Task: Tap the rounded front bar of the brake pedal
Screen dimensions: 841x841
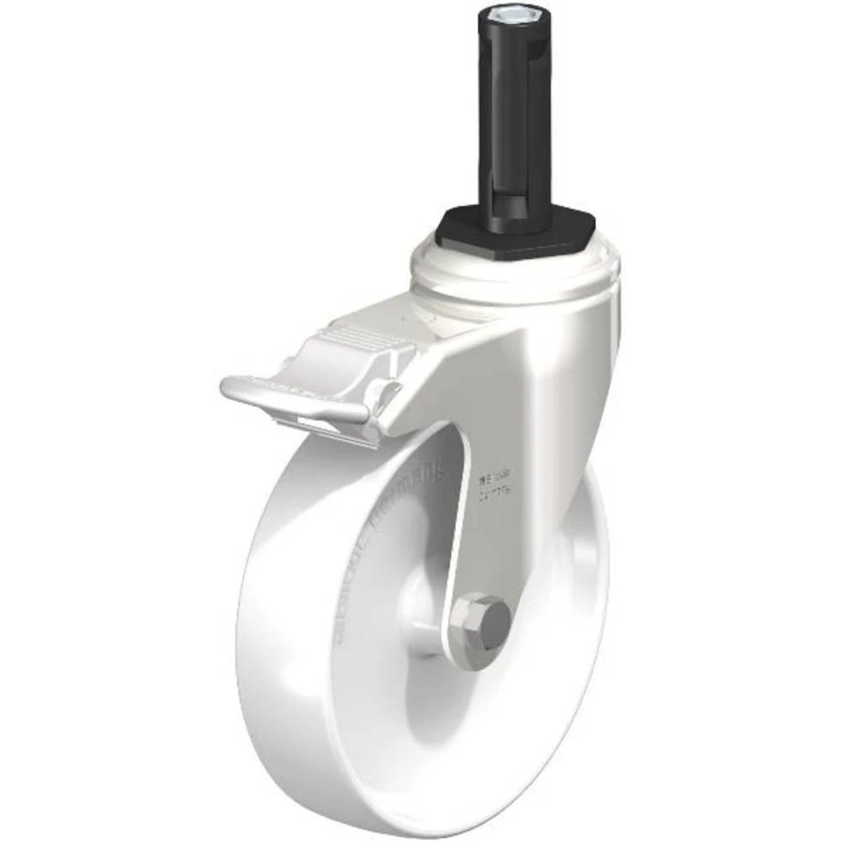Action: coord(294,402)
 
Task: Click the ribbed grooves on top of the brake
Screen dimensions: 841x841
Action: coord(357,336)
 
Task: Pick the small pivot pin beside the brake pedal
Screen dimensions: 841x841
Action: coord(389,391)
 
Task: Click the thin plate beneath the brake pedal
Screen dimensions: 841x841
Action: coord(336,429)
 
